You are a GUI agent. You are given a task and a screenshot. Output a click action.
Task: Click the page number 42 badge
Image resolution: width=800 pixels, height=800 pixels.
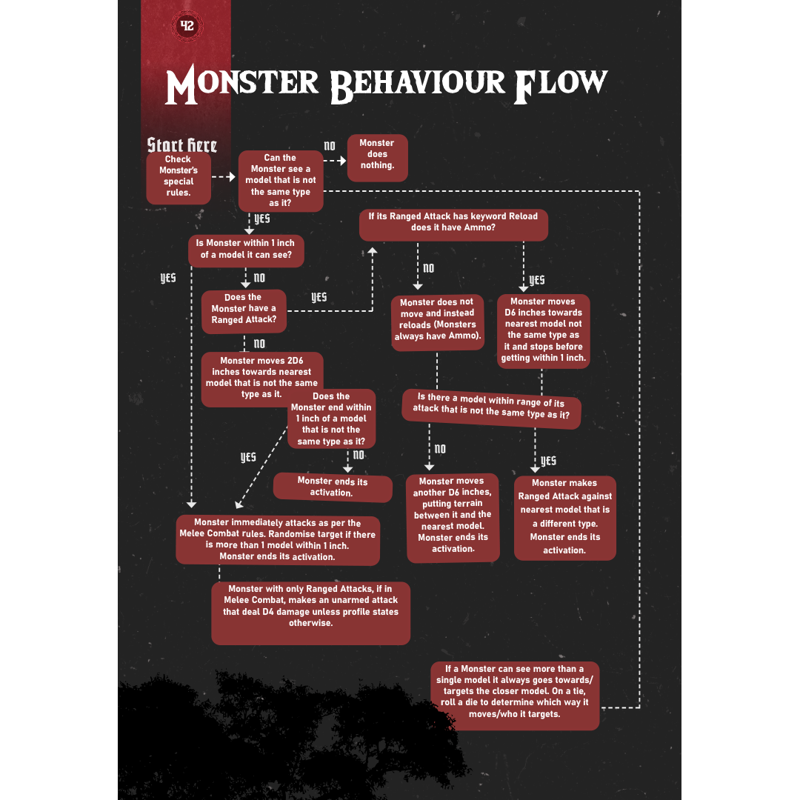[x=187, y=25]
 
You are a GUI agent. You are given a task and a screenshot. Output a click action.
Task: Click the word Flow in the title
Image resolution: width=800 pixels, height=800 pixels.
[x=560, y=84]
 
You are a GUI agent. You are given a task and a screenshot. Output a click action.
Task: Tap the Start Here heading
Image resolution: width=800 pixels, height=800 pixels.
[x=182, y=145]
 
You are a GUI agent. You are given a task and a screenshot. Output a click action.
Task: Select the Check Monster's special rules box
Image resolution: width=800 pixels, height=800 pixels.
[x=179, y=179]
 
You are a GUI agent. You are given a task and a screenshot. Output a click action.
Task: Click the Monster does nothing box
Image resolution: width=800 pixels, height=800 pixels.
[x=377, y=158]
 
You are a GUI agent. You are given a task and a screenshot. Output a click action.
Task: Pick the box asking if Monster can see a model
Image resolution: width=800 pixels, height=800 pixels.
[x=281, y=181]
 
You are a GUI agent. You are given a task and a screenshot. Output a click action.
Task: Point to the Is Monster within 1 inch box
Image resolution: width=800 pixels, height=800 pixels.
[x=246, y=250]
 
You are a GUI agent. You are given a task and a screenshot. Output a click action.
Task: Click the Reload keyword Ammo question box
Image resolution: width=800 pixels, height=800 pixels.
[x=453, y=224]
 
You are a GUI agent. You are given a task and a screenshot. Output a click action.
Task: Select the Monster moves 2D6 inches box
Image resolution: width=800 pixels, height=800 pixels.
[x=261, y=379]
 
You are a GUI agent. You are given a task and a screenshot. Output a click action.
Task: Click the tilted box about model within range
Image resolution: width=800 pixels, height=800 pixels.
[x=491, y=409]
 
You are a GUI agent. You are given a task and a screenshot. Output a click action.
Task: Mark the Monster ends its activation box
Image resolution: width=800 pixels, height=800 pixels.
[x=332, y=487]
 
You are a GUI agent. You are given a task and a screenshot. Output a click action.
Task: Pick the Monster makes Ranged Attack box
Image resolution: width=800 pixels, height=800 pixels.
[x=564, y=518]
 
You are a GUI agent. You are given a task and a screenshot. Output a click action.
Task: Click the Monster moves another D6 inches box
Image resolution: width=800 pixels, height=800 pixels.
[x=453, y=517]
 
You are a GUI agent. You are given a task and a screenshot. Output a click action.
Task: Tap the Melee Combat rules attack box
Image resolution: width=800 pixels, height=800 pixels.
[x=278, y=540]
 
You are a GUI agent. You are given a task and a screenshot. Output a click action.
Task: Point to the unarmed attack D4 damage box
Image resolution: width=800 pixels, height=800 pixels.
[x=310, y=613]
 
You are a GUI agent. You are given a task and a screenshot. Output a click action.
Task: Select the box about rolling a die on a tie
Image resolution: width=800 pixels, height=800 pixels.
[x=514, y=696]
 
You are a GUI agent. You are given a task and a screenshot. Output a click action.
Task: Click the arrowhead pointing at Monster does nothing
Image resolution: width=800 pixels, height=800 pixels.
[x=342, y=161]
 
